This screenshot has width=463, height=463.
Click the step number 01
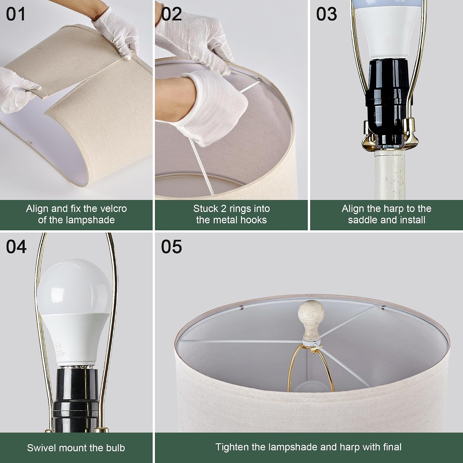(x=16, y=14)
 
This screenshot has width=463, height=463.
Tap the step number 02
(x=171, y=14)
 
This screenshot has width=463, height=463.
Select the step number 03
(x=327, y=14)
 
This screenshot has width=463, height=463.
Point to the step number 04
(x=16, y=247)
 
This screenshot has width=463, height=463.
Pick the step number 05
(x=171, y=247)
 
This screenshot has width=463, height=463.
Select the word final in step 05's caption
(x=389, y=447)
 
